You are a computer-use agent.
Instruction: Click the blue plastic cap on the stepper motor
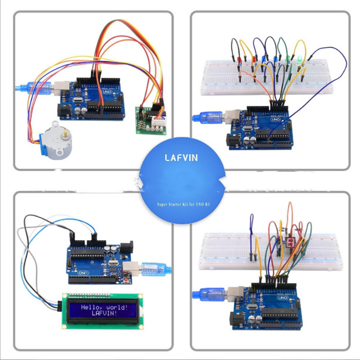click(45, 135)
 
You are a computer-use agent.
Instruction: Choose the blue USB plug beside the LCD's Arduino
click(154, 269)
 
